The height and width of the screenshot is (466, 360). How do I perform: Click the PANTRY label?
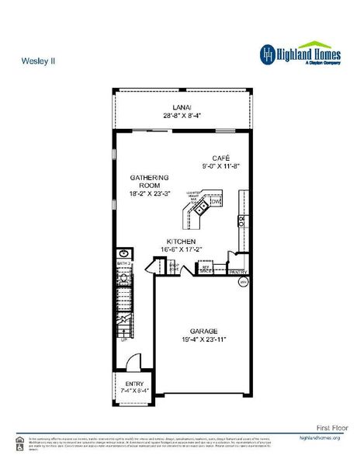pyautogui.click(x=237, y=272)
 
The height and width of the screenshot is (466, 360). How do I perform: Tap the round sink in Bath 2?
pyautogui.click(x=123, y=253)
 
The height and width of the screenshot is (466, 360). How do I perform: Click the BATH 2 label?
pyautogui.click(x=123, y=264)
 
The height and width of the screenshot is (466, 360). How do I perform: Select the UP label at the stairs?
pyautogui.click(x=123, y=339)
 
